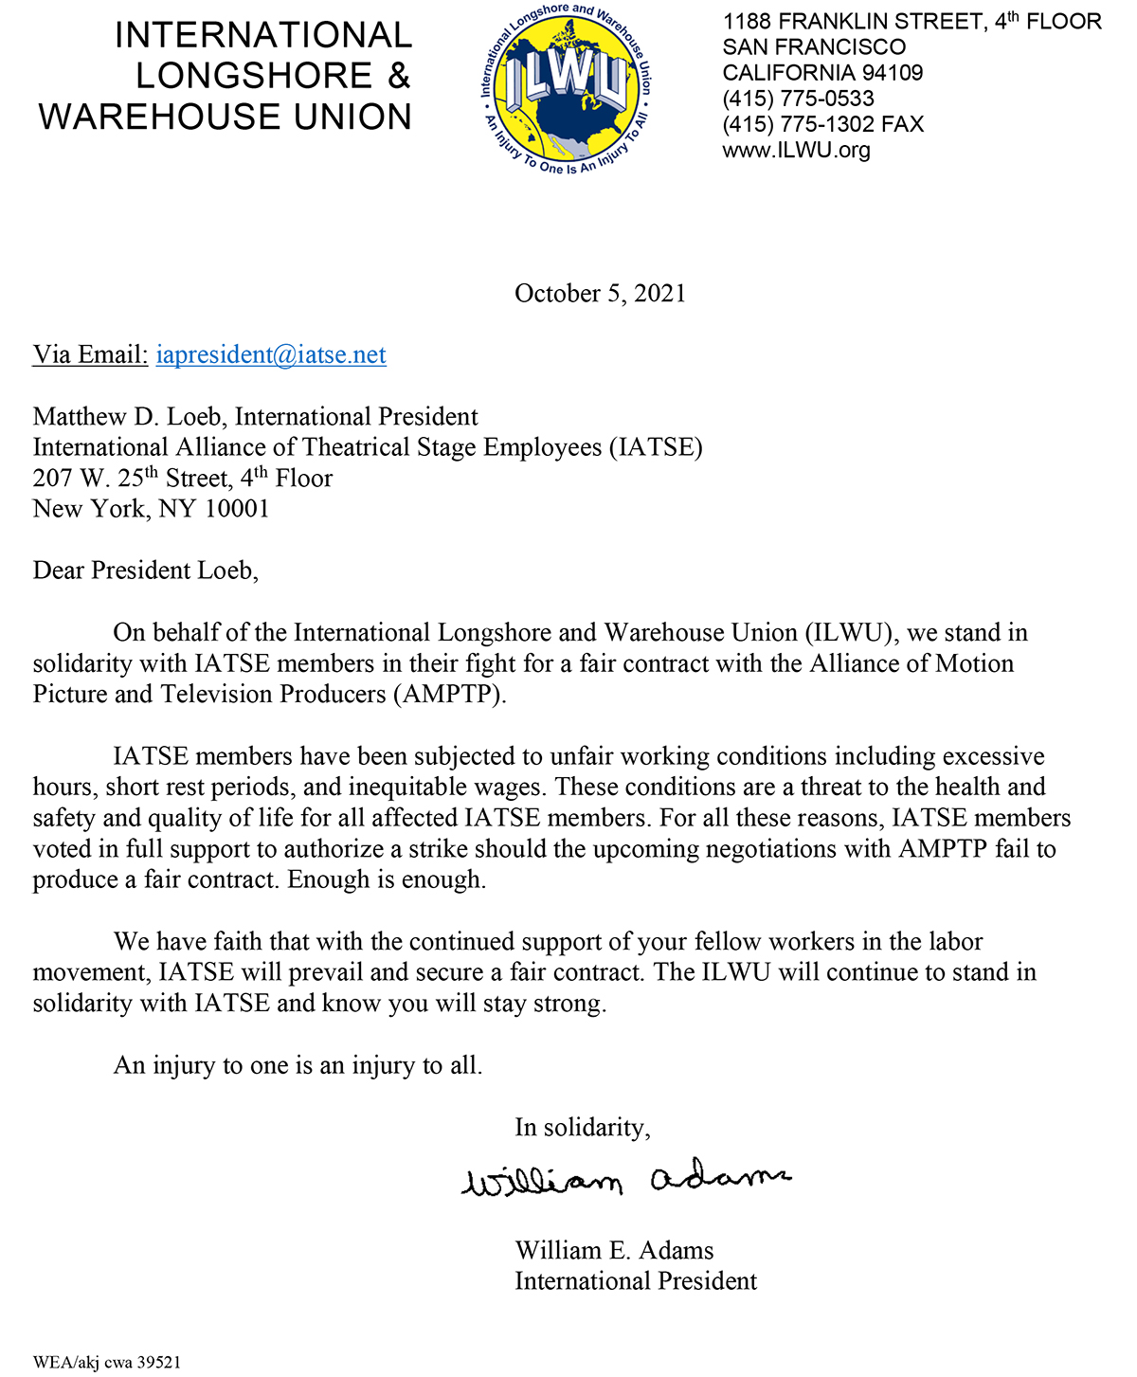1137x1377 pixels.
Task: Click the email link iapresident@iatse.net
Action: [x=271, y=354]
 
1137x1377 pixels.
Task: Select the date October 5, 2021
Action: [x=600, y=294]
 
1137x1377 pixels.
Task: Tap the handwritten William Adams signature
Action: [x=625, y=1179]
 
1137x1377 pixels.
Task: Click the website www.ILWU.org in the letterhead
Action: [x=796, y=150]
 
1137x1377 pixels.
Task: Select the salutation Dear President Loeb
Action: [x=145, y=571]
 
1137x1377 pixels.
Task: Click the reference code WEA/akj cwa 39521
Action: [x=106, y=1363]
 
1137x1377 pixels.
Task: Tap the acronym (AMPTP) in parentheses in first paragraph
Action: [x=450, y=695]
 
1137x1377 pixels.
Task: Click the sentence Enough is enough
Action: [x=387, y=880]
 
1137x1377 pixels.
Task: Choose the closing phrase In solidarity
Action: [x=582, y=1128]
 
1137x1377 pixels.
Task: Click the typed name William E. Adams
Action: [x=614, y=1251]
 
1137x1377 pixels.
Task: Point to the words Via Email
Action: [x=90, y=354]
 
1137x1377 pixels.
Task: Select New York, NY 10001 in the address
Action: [x=152, y=509]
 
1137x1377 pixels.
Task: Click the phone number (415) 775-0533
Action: [x=798, y=99]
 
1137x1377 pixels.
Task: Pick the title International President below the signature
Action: [x=636, y=1281]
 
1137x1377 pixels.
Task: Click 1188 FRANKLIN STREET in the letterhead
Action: [x=853, y=22]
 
